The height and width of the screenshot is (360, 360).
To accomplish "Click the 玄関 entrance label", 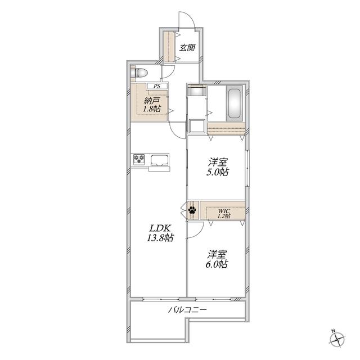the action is (x=187, y=48).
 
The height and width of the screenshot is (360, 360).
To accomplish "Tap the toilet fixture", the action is (x=139, y=73).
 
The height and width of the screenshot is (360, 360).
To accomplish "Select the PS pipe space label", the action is (x=157, y=86).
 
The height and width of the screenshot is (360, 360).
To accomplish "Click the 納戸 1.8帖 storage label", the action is (x=152, y=105).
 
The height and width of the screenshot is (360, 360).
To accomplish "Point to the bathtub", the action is (x=235, y=103).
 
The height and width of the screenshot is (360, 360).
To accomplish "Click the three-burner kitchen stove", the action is (x=139, y=159).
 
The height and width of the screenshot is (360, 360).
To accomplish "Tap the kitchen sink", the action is (x=159, y=160).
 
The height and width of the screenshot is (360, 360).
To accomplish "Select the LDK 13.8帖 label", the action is (x=160, y=233).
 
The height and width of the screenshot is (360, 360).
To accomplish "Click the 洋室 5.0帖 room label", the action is (x=217, y=167).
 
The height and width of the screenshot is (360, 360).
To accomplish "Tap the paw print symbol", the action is (x=192, y=210).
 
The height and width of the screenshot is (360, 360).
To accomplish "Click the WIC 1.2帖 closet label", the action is (x=224, y=214).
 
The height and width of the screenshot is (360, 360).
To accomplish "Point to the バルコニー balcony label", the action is (x=187, y=310).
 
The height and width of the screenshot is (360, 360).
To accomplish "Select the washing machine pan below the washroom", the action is (x=197, y=126).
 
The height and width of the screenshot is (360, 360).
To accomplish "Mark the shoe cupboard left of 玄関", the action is (x=169, y=47).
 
